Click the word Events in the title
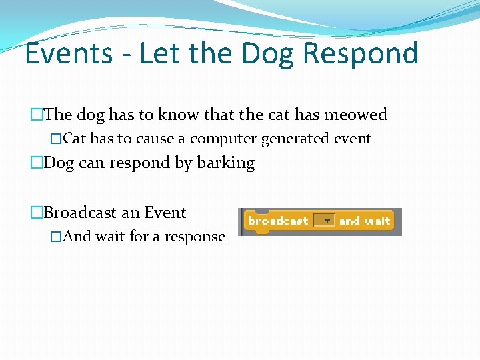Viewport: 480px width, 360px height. (x=69, y=53)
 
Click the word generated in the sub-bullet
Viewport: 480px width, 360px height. (x=291, y=139)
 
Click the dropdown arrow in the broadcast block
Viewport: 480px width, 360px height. (x=327, y=221)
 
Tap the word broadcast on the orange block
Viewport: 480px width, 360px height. (x=278, y=221)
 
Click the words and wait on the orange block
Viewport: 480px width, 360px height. (x=364, y=221)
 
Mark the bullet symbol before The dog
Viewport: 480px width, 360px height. (x=37, y=115)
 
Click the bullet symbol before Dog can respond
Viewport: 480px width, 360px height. (x=37, y=163)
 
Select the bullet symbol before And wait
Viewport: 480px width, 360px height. (x=57, y=237)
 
